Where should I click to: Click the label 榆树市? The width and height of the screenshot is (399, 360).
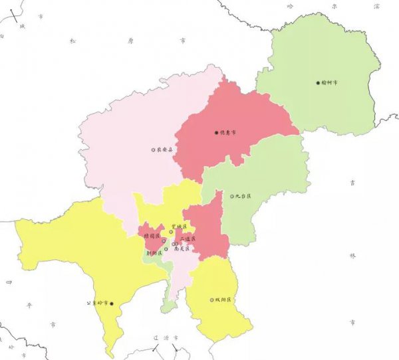tap(330, 83)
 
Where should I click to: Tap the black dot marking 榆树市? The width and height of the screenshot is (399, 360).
tap(318, 83)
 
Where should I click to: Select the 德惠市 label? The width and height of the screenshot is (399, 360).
tap(229, 132)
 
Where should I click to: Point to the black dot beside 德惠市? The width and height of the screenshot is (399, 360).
tap(217, 132)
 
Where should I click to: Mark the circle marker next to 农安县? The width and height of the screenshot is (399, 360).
tap(153, 150)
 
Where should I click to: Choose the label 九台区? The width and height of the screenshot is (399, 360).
tap(243, 196)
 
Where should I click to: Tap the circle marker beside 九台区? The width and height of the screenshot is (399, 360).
tap(232, 196)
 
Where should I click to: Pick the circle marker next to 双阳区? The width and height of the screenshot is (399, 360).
tap(212, 300)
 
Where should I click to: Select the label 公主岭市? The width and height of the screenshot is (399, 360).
tap(97, 303)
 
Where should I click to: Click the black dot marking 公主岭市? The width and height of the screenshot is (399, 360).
tap(112, 304)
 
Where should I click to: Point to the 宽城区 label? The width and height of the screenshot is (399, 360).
tap(180, 227)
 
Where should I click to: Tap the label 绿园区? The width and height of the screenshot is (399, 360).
tap(152, 236)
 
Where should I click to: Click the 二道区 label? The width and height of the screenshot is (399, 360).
tap(188, 238)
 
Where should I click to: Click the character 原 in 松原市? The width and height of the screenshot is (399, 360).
tap(130, 41)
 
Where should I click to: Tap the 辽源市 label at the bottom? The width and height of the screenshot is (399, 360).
tap(164, 338)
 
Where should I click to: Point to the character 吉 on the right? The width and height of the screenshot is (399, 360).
tap(352, 181)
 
